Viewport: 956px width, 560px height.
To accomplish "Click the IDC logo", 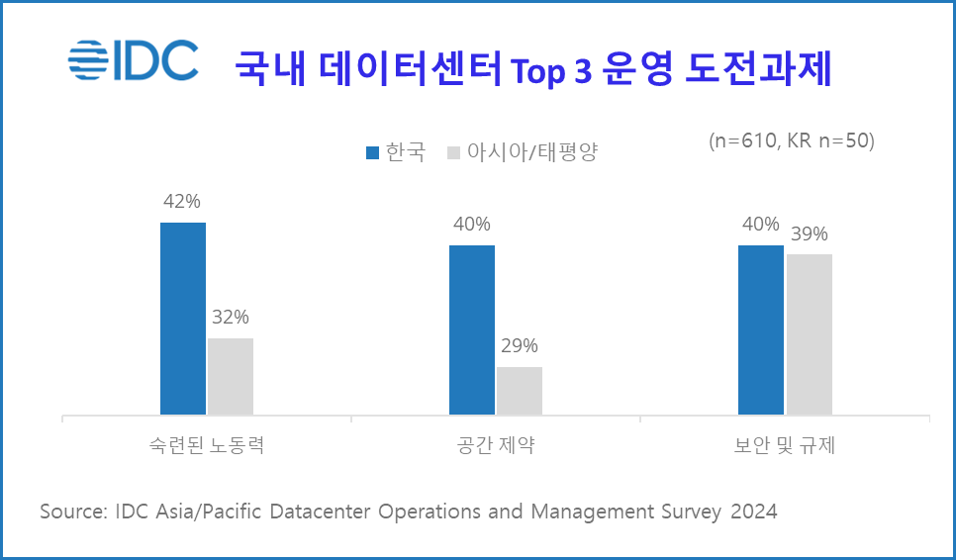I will tap(134, 58).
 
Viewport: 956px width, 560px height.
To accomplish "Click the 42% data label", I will tap(182, 202).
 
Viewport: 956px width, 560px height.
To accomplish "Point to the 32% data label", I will tap(230, 318).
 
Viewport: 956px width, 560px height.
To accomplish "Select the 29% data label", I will tap(519, 346).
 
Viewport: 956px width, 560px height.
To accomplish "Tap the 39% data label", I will tap(809, 234).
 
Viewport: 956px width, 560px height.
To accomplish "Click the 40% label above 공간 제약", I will tap(471, 225).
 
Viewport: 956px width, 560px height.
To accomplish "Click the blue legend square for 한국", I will tap(373, 152).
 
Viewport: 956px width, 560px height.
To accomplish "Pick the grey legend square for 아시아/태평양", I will tap(454, 152).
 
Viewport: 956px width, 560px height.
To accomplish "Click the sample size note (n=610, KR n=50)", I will tap(792, 141).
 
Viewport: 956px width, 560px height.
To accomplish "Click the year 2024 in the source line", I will tap(752, 512).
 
